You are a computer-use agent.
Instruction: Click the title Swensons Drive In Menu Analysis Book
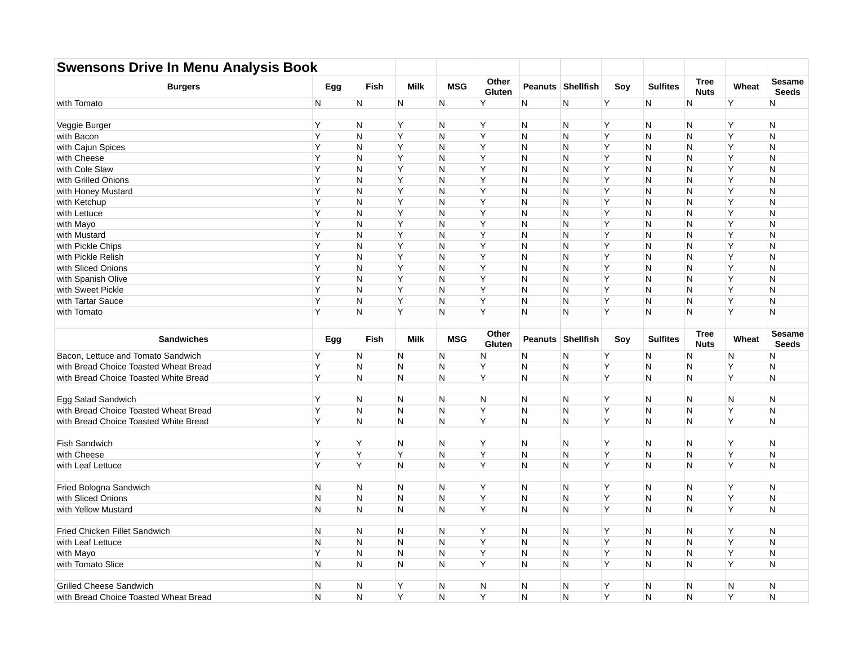pyautogui.click(x=187, y=67)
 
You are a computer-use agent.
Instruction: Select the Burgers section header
pyautogui.click(x=183, y=87)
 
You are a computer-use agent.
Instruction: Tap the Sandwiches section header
pyautogui.click(x=183, y=339)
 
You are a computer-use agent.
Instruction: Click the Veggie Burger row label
pyautogui.click(x=84, y=125)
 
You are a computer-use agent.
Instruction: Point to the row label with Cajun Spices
pyautogui.click(x=91, y=147)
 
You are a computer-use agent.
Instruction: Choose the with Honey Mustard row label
pyautogui.click(x=94, y=191)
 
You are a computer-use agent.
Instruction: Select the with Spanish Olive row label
pyautogui.click(x=92, y=279)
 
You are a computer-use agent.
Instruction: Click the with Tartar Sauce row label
pyautogui.click(x=89, y=301)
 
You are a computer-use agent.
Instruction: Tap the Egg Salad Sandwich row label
pyautogui.click(x=96, y=400)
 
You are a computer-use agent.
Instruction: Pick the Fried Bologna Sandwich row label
pyautogui.click(x=103, y=488)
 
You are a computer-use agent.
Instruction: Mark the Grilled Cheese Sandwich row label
pyautogui.click(x=105, y=586)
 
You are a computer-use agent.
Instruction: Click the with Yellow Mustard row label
pyautogui.click(x=94, y=510)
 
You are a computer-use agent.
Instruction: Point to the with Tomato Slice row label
pyautogui.click(x=90, y=565)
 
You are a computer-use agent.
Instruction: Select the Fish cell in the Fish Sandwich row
pyautogui.click(x=359, y=444)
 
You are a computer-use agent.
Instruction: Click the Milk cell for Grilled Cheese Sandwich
pyautogui.click(x=400, y=586)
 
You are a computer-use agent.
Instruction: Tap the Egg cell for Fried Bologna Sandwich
pyautogui.click(x=318, y=488)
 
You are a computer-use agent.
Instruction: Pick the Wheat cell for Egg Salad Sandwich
pyautogui.click(x=731, y=400)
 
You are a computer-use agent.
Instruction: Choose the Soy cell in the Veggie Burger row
pyautogui.click(x=607, y=125)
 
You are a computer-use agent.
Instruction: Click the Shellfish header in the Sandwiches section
pyautogui.click(x=581, y=339)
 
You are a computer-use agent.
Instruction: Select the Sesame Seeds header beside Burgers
pyautogui.click(x=787, y=87)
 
